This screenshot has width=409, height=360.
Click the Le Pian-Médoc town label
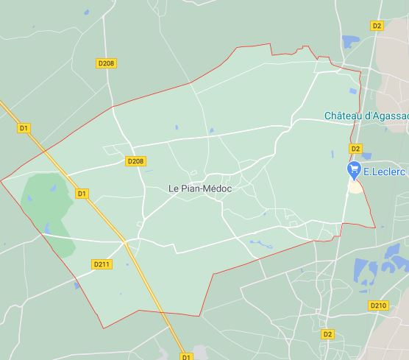click(200, 189)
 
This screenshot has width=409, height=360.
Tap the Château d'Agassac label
click(366, 116)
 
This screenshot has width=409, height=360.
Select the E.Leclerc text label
click(385, 171)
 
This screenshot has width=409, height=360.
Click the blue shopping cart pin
click(355, 169)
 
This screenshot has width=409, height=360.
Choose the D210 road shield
click(378, 306)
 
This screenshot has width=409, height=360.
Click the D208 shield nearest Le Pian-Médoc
click(135, 161)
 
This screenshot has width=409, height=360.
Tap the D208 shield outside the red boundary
click(106, 64)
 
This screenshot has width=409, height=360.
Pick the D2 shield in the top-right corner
click(377, 26)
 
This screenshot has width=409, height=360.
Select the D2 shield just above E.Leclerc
click(355, 149)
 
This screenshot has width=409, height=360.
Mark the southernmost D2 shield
click(328, 334)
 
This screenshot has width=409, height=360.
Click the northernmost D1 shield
click(24, 128)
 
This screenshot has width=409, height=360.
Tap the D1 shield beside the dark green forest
click(82, 194)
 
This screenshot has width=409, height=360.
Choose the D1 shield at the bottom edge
click(185, 356)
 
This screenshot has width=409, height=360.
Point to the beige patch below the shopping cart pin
click(355, 186)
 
